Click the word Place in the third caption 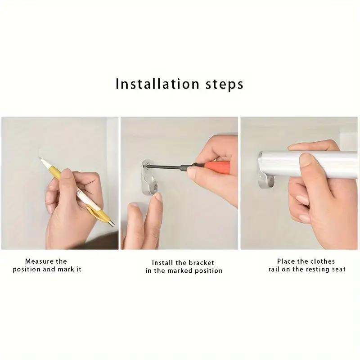pyautogui.click(x=286, y=261)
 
